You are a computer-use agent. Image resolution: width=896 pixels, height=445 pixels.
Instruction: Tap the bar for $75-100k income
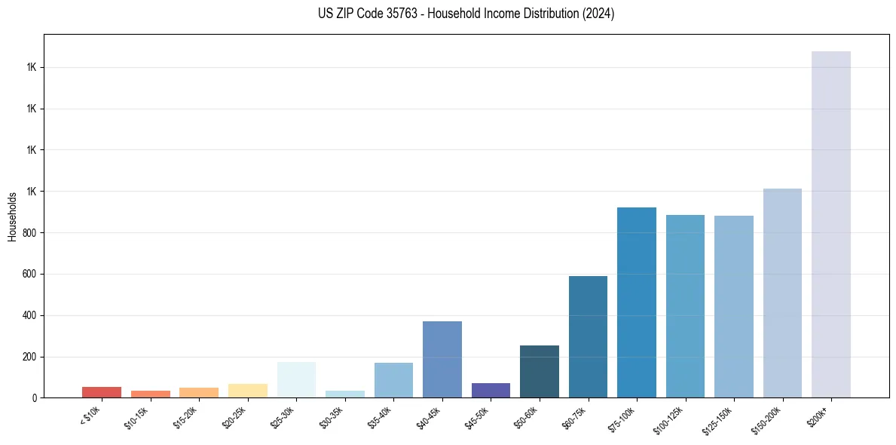pyautogui.click(x=636, y=302)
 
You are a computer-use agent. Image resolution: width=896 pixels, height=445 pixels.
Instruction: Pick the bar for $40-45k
pyautogui.click(x=442, y=359)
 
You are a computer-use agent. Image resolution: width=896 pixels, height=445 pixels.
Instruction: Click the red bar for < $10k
pyautogui.click(x=102, y=392)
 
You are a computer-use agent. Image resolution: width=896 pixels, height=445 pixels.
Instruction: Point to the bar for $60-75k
pyautogui.click(x=588, y=336)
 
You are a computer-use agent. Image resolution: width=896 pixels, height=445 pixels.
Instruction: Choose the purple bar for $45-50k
pyautogui.click(x=491, y=390)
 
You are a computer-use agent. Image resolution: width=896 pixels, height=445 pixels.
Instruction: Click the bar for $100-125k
pyautogui.click(x=685, y=306)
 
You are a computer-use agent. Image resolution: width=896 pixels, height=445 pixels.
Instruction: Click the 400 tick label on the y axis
pyautogui.click(x=31, y=315)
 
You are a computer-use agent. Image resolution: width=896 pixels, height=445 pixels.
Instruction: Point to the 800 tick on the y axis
pyautogui.click(x=31, y=233)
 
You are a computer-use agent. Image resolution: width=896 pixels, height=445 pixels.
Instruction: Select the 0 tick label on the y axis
pyautogui.click(x=35, y=397)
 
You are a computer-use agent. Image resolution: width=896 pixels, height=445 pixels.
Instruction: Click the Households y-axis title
pyautogui.click(x=12, y=216)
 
